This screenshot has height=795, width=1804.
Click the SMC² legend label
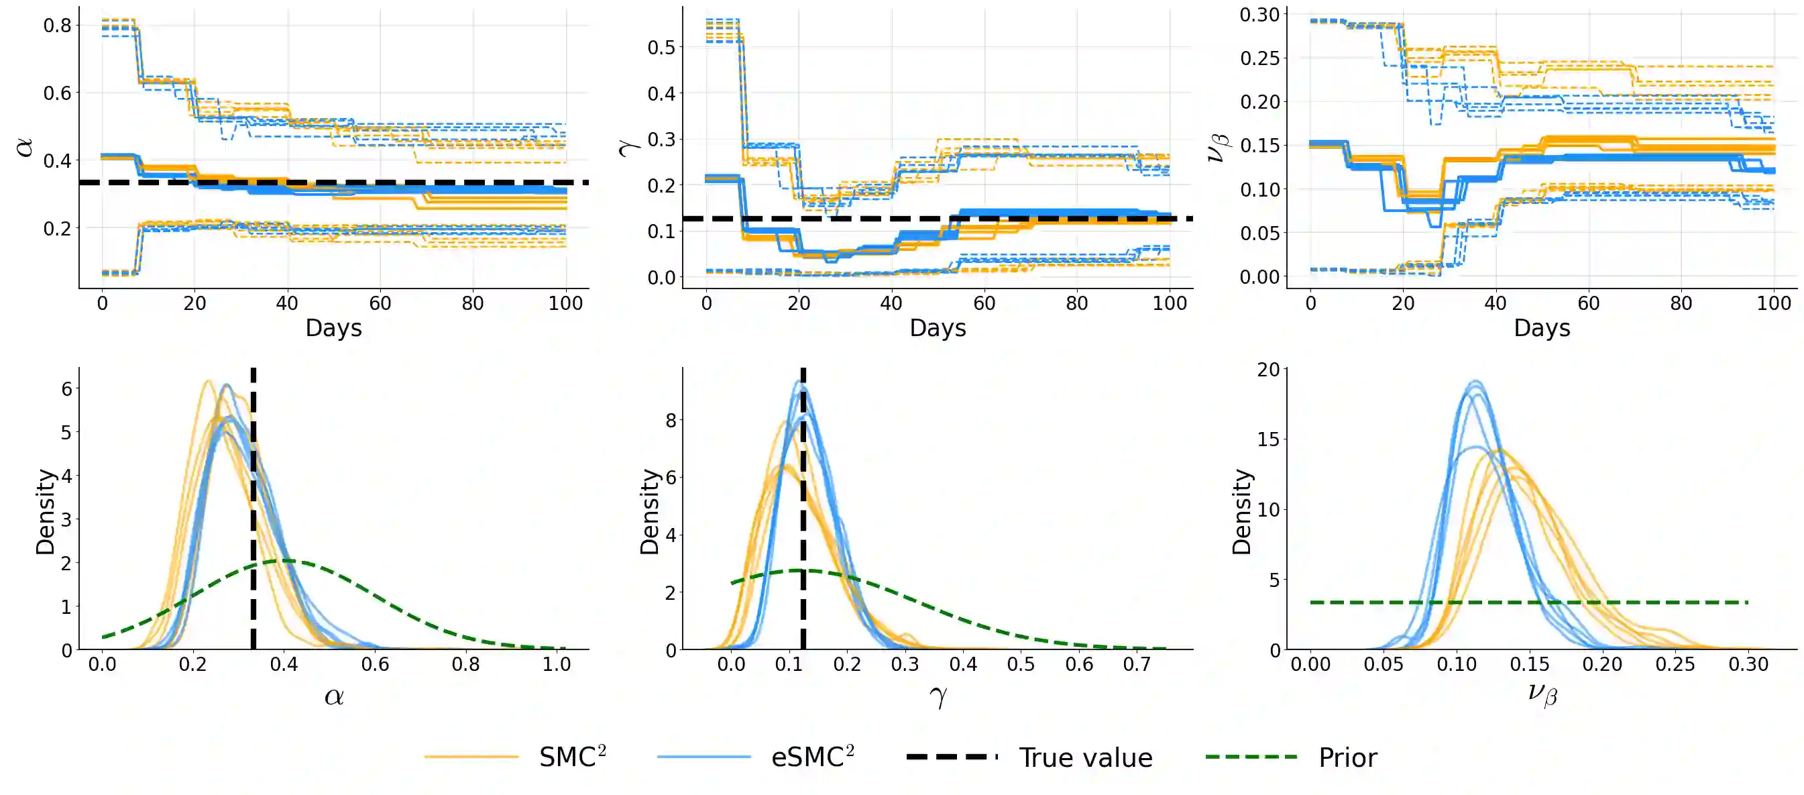(x=571, y=757)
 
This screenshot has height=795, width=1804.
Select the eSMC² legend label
(x=811, y=757)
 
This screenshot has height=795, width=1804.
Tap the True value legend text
(x=1085, y=758)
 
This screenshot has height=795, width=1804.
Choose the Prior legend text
(x=1347, y=758)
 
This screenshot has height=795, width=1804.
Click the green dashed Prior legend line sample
(x=1251, y=757)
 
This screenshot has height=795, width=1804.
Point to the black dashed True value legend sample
(x=952, y=757)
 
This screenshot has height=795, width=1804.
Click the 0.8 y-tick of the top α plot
(x=58, y=26)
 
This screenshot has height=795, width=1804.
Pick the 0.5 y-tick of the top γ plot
(x=661, y=48)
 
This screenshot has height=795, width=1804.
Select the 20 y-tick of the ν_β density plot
(x=1267, y=370)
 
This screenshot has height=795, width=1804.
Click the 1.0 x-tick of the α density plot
(x=556, y=664)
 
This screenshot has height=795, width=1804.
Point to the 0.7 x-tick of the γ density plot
(x=1136, y=664)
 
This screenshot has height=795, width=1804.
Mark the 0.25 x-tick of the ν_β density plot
(x=1675, y=664)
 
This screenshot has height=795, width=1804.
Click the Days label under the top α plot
(x=333, y=328)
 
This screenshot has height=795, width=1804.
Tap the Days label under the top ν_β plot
(x=1541, y=328)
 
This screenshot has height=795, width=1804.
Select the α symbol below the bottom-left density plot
(x=334, y=696)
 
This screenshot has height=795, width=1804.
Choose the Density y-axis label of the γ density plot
(x=649, y=512)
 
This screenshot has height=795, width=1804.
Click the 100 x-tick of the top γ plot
(x=1169, y=303)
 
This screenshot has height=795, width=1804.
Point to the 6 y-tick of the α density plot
(x=66, y=388)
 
